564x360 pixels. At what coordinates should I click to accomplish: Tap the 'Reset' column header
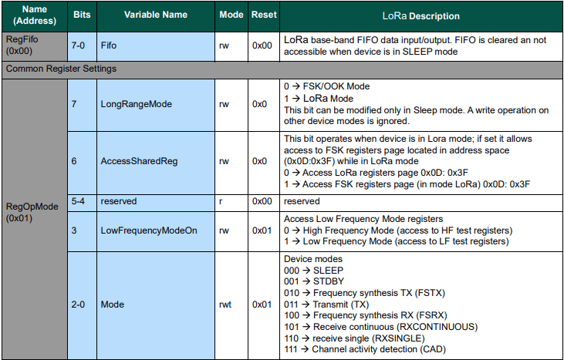(264, 15)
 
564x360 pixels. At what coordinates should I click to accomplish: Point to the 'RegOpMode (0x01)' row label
(32, 212)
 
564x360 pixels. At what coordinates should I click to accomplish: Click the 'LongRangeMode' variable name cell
(136, 103)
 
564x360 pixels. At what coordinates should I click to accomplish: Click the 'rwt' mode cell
(228, 304)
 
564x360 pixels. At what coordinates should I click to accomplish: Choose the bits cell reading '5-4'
(80, 200)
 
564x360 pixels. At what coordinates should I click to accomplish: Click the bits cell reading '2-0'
(79, 304)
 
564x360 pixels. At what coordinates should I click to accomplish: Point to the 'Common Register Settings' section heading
(61, 69)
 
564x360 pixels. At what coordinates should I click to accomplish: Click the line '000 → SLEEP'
(314, 271)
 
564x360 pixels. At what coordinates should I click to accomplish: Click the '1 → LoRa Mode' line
(319, 99)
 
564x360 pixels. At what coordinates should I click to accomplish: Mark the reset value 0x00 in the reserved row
(264, 200)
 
